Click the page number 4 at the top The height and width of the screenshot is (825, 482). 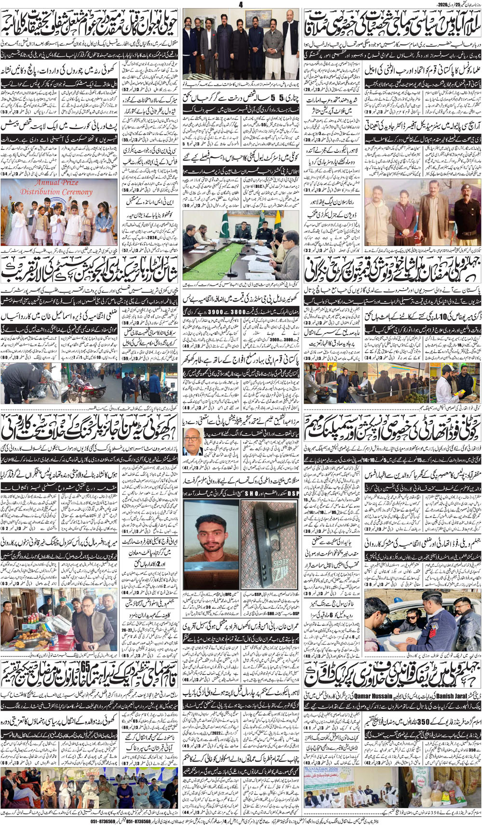tap(241, 4)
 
